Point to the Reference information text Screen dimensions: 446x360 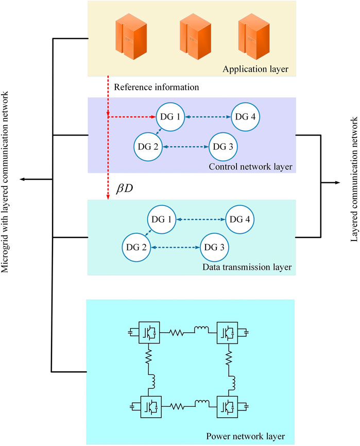(157, 87)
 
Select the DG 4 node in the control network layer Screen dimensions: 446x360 (246, 117)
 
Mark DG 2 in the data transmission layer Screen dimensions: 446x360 (138, 248)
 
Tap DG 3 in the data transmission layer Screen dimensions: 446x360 (214, 248)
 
